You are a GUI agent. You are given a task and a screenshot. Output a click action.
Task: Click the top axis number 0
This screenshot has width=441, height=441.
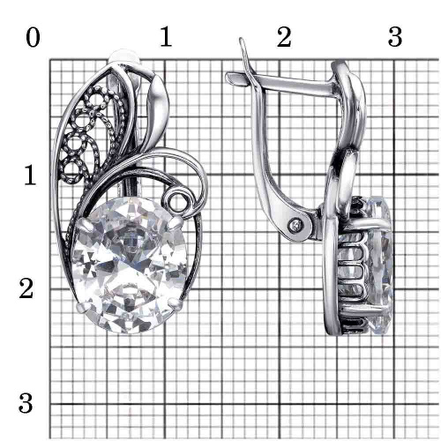[33, 38]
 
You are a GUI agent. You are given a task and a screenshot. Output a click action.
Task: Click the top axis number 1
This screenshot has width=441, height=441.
[166, 36]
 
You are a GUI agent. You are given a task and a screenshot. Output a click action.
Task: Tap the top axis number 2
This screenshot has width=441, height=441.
[284, 37]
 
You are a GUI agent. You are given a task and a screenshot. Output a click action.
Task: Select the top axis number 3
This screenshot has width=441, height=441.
[395, 37]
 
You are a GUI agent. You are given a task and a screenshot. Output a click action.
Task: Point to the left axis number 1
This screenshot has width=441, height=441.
[30, 176]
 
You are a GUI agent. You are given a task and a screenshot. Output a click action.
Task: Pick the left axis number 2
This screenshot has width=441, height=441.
[26, 288]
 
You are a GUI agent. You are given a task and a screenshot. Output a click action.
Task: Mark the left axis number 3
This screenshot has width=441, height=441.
[26, 403]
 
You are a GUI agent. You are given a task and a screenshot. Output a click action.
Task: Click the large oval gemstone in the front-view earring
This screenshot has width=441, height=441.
[130, 265]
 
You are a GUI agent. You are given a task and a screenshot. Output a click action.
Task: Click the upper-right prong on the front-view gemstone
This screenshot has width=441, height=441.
[177, 221]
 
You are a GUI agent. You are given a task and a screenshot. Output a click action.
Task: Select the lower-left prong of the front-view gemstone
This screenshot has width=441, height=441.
[82, 308]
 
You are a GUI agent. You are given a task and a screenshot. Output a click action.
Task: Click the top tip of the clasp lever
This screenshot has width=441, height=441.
[241, 40]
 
